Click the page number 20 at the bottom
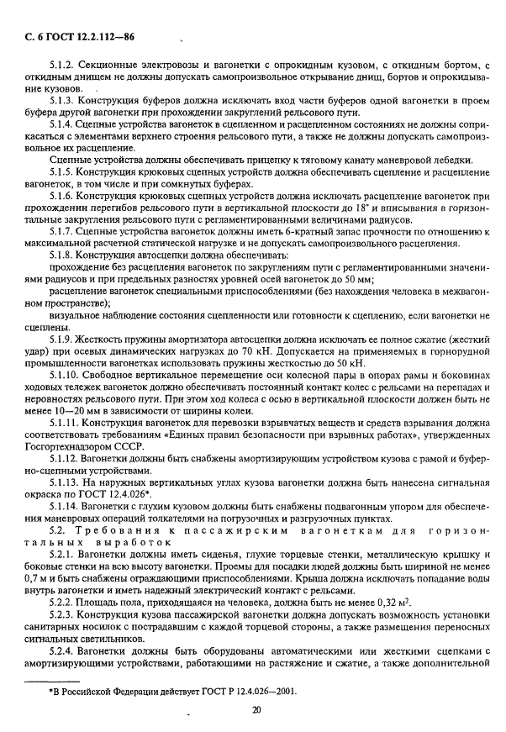[x=256, y=709]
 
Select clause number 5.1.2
[x=64, y=65]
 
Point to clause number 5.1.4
[x=64, y=124]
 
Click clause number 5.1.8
[x=64, y=255]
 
